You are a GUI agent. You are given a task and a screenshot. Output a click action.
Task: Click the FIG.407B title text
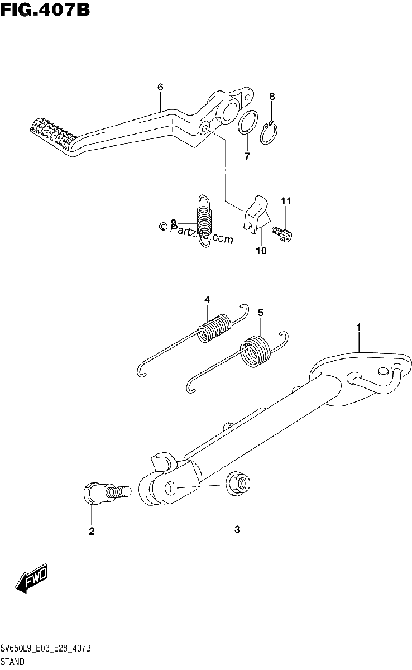click(x=45, y=10)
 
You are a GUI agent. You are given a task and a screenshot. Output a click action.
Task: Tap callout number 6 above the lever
click(x=160, y=87)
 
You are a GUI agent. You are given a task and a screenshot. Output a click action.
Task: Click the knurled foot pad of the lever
click(x=52, y=135)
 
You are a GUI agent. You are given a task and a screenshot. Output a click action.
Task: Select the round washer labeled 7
click(x=248, y=122)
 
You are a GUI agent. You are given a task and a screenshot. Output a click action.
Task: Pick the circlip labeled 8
click(x=269, y=133)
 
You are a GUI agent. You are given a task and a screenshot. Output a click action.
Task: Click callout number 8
click(x=272, y=97)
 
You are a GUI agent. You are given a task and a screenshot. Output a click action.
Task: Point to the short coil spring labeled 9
click(x=205, y=221)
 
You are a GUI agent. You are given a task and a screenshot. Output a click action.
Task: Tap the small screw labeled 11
click(x=282, y=233)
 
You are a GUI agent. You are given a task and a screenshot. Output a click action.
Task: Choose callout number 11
click(x=286, y=201)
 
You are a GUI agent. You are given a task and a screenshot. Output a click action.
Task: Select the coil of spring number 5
click(x=256, y=351)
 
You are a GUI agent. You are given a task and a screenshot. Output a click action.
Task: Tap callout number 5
click(x=260, y=313)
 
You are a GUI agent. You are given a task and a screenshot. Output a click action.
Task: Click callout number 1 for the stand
click(x=358, y=327)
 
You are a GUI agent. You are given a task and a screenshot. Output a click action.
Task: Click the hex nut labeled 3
click(x=238, y=484)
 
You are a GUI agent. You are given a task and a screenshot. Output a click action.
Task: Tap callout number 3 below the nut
click(x=237, y=530)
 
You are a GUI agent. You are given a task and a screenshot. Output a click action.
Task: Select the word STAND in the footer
click(x=12, y=661)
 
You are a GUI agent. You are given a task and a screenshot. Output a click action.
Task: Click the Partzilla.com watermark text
click(x=196, y=231)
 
